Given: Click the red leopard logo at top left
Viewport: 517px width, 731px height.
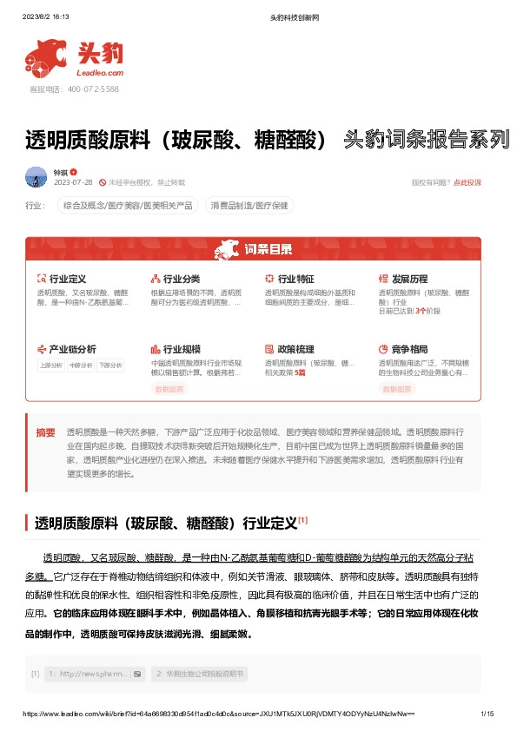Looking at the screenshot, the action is point(46,56).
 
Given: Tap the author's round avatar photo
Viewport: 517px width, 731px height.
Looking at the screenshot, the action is point(36,177).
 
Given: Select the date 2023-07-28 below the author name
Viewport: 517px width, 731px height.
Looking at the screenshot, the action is point(73,182).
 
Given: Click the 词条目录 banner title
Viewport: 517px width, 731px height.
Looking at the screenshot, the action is point(268,250).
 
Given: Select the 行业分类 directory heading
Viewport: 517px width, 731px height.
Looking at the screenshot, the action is point(181,279).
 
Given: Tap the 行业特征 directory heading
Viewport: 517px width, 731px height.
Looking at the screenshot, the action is point(295,279).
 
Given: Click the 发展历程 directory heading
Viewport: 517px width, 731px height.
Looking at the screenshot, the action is point(408,279).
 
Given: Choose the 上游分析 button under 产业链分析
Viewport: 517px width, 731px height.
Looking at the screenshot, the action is point(51,365).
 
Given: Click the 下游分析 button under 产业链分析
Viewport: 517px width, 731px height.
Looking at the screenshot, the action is point(110,365).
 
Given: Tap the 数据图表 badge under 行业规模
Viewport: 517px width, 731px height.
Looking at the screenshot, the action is point(169,390).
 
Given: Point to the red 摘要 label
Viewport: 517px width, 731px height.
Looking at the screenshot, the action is point(45,432).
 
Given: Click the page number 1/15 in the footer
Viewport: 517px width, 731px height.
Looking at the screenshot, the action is point(487,714).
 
